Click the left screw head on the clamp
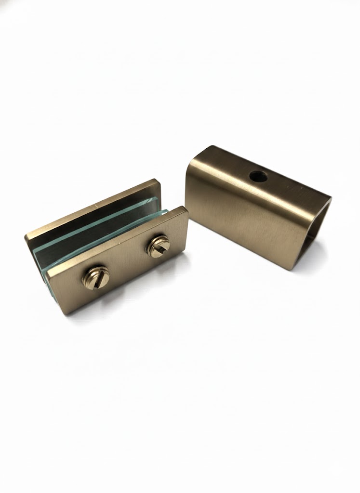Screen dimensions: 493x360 coord(95,277)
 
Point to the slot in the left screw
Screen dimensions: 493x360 coord(95,277)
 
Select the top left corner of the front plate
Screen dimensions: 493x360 coord(48,273)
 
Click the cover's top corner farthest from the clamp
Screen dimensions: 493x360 coord(330,196)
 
